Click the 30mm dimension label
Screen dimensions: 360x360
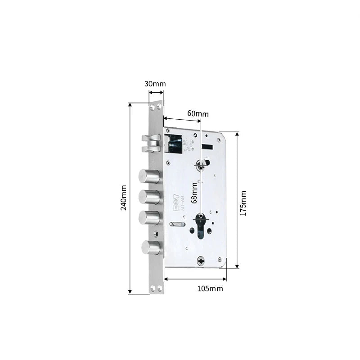tap(155, 84)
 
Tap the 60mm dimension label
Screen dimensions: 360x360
tap(198, 114)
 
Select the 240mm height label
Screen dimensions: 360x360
tap(125, 198)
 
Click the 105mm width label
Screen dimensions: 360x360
tap(210, 288)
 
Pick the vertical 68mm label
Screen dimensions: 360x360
tap(194, 193)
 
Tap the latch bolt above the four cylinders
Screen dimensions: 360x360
tap(151, 143)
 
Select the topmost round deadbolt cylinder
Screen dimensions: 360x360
tap(149, 176)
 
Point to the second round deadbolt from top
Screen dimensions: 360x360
tap(149, 197)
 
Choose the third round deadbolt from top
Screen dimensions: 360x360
tap(149, 218)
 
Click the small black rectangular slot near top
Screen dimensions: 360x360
tap(208, 146)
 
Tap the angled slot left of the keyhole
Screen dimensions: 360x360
tap(177, 224)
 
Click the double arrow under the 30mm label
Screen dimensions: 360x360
tap(156, 92)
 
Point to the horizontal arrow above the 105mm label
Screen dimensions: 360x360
tap(195, 279)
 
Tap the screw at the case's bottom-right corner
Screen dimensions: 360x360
tap(219, 259)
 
